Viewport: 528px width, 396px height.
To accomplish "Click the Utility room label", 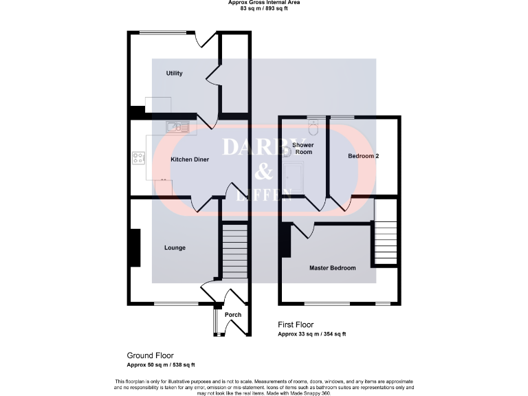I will (x=175, y=73).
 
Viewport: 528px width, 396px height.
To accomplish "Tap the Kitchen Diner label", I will (x=190, y=159).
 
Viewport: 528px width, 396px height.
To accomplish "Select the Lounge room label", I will (x=175, y=247).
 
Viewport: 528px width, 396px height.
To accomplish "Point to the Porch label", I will (x=233, y=315).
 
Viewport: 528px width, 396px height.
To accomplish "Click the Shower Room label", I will (x=303, y=148).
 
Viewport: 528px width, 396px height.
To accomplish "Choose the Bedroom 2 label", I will (x=364, y=156).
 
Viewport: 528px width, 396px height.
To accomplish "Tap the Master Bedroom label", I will (x=333, y=268).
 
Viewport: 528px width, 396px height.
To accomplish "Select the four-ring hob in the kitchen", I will (x=138, y=158).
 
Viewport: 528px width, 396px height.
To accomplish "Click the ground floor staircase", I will (x=234, y=250).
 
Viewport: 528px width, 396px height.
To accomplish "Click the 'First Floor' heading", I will (x=296, y=324).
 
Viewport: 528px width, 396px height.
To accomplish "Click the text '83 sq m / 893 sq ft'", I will (x=264, y=8).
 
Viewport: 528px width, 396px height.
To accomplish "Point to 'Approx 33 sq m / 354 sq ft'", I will (x=311, y=334).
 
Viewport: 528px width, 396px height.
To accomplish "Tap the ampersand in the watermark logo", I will (x=265, y=171).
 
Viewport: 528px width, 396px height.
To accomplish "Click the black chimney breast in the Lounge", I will (x=135, y=247).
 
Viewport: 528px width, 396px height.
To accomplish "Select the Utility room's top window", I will (x=163, y=32).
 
